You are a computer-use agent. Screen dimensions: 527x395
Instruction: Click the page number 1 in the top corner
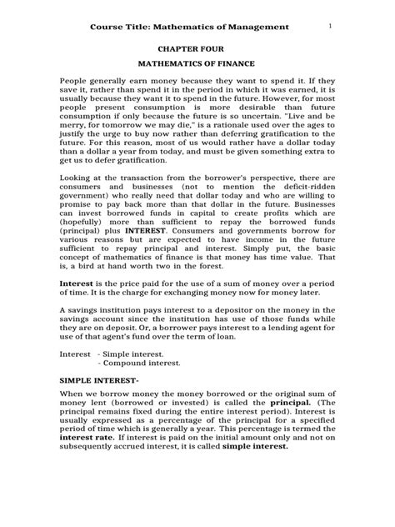331,26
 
